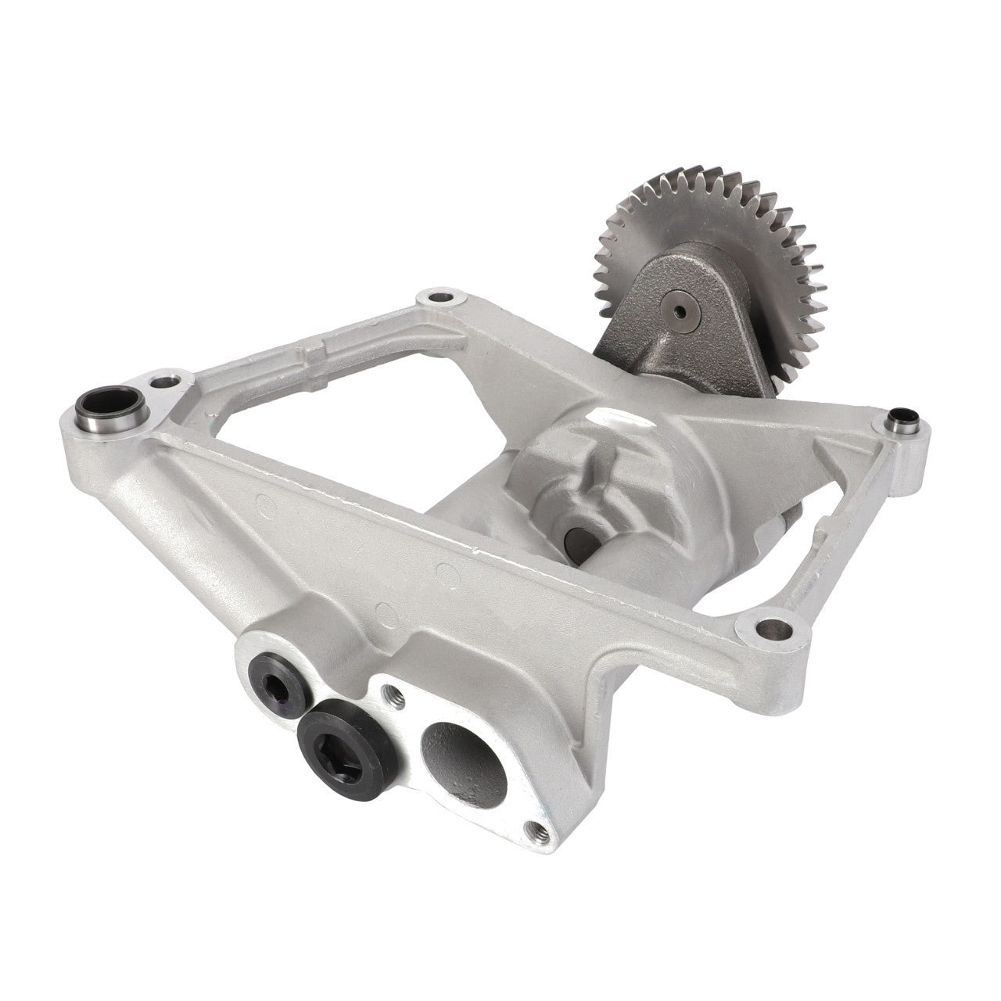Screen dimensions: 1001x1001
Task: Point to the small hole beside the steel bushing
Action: (161, 383)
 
